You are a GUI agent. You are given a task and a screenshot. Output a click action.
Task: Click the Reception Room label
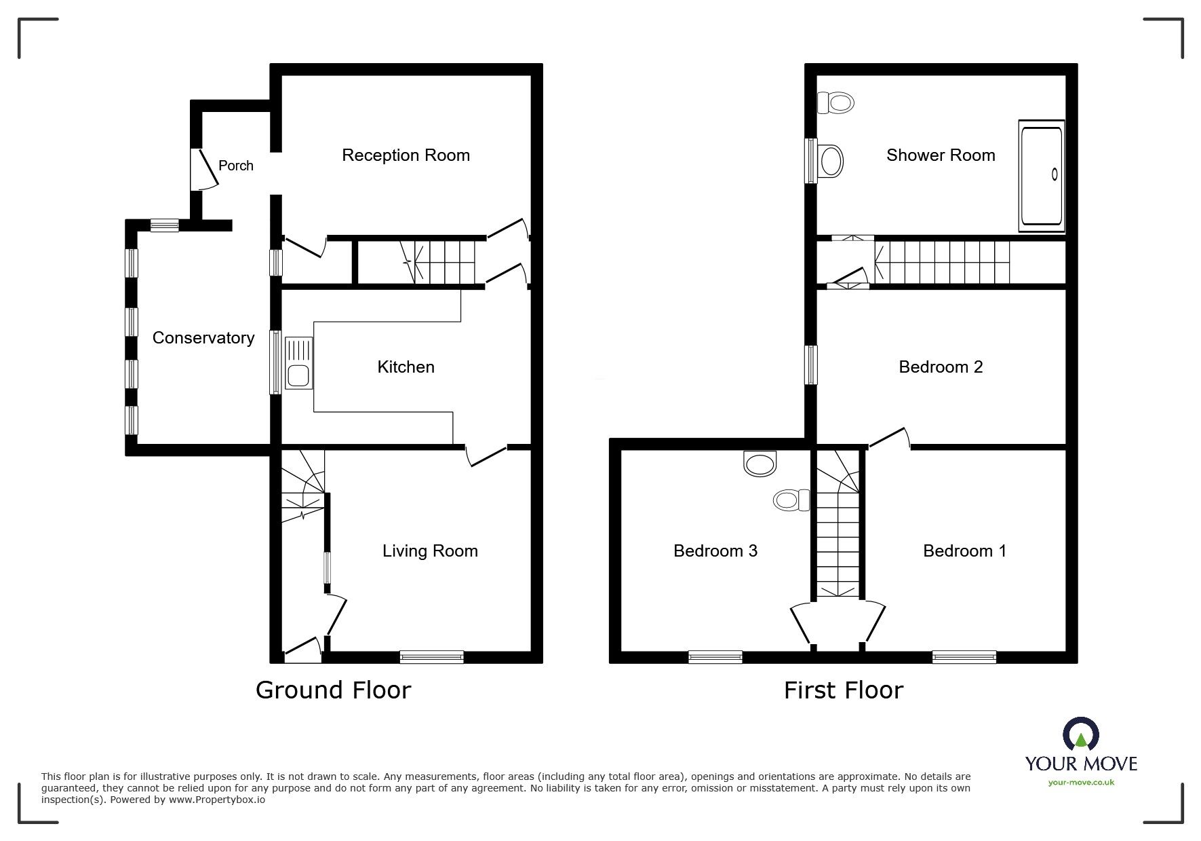(406, 155)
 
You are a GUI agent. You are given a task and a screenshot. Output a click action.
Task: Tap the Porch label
(235, 166)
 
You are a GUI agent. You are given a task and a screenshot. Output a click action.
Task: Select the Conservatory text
(203, 338)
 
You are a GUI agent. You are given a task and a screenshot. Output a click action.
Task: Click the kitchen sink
(299, 363)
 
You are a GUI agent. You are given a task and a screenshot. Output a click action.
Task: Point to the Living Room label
(430, 550)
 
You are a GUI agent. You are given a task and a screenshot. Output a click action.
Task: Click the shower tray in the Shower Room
(1042, 175)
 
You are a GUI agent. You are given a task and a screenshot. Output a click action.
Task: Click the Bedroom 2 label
(941, 367)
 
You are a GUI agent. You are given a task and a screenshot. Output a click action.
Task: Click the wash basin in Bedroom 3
(760, 464)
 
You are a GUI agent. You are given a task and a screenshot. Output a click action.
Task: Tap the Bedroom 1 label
(964, 550)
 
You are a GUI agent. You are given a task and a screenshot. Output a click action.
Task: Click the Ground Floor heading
(333, 690)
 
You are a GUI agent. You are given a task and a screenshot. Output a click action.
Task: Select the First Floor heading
(843, 690)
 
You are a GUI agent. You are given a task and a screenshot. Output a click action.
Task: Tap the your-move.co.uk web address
(1081, 783)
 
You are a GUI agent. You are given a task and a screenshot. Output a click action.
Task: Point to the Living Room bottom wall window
(431, 656)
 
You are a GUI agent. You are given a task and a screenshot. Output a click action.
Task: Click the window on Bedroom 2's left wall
(810, 365)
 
